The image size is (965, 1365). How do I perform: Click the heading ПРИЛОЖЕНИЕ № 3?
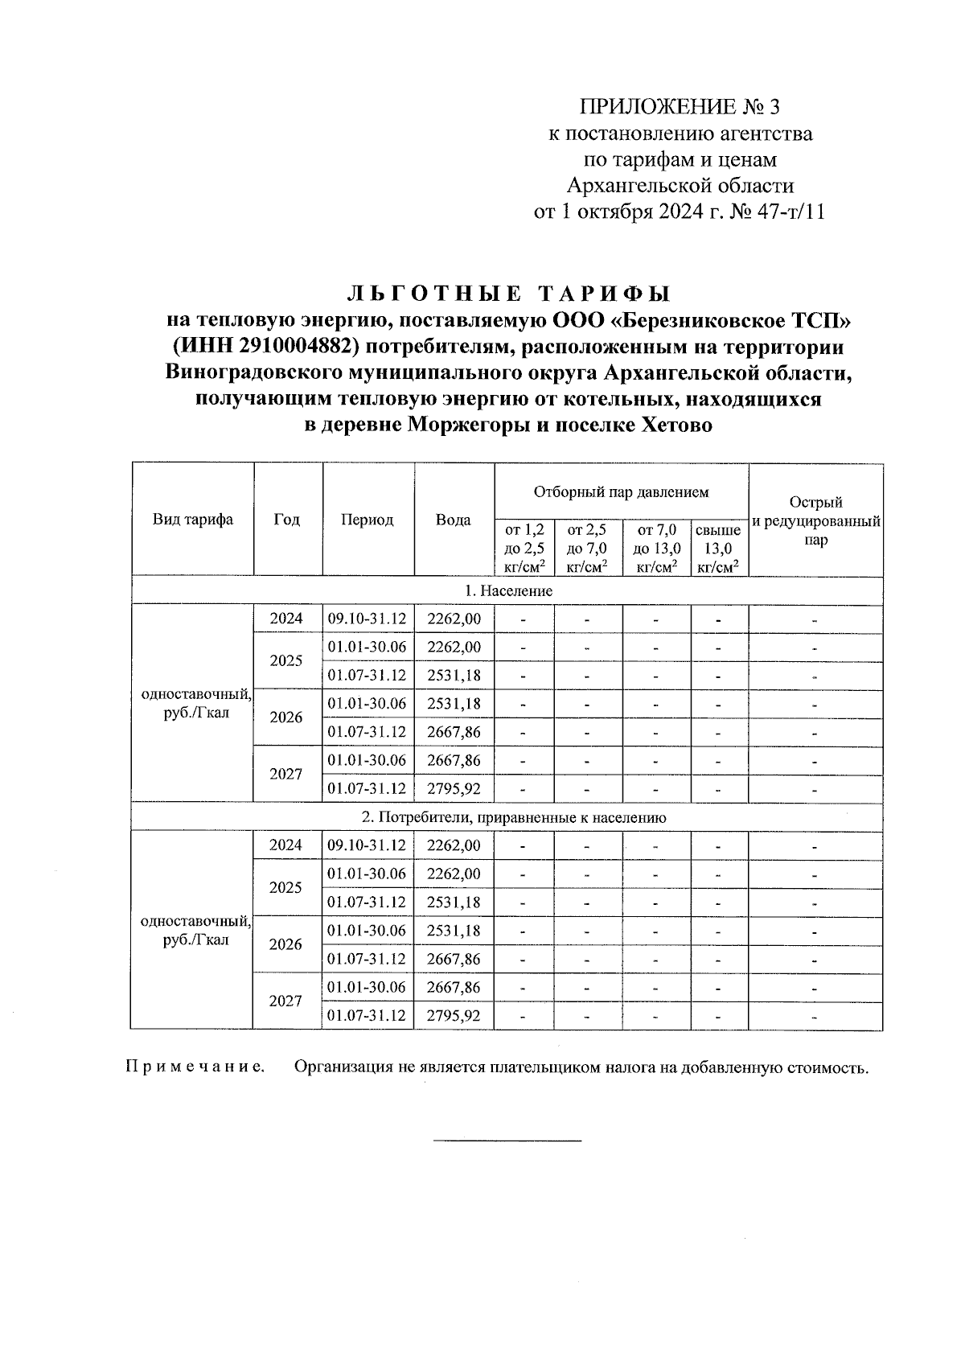pyautogui.click(x=680, y=107)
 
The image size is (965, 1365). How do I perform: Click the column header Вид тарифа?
pyautogui.click(x=193, y=520)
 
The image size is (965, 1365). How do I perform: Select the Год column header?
pyautogui.click(x=287, y=520)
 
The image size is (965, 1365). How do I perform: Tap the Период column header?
pyautogui.click(x=368, y=520)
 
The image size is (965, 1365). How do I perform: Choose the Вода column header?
pyautogui.click(x=454, y=520)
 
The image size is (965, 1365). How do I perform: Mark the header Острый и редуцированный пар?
pyautogui.click(x=815, y=521)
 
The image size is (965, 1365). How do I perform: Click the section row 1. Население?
pyautogui.click(x=508, y=591)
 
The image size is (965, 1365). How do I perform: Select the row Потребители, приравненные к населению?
pyautogui.click(x=514, y=818)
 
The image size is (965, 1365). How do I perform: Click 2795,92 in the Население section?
pyautogui.click(x=454, y=788)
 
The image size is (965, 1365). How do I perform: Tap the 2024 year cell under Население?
pyautogui.click(x=286, y=619)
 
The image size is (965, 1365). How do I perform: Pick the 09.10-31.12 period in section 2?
pyautogui.click(x=367, y=845)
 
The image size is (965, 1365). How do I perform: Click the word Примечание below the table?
pyautogui.click(x=195, y=1067)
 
